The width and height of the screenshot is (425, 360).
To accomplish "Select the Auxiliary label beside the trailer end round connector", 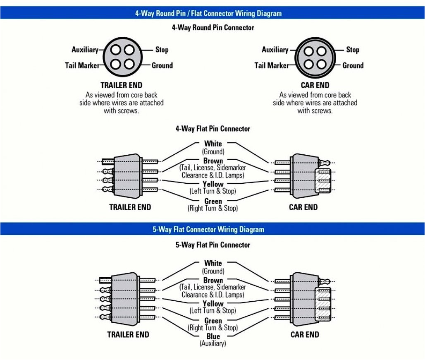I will point(85,50).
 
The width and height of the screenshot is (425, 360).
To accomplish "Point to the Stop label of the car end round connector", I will point(353,50).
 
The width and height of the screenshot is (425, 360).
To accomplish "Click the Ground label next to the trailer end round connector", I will point(162,65).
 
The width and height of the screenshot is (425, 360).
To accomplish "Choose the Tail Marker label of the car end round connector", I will point(272,65).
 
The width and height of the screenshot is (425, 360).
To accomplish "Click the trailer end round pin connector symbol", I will point(122,57).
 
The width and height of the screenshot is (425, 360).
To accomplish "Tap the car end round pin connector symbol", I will point(315,57).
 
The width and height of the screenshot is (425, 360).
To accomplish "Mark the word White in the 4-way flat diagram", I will point(213,144).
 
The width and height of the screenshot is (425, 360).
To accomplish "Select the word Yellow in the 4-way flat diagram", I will point(213,184).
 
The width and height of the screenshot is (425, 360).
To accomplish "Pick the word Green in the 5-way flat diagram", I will point(213,321).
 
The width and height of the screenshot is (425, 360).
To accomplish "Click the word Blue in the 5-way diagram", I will point(213,336).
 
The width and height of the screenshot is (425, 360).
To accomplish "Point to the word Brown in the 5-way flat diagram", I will point(213,280).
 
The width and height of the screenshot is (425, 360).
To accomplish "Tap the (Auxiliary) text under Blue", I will point(213,343).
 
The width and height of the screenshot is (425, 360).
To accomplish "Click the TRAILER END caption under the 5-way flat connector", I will point(128,334).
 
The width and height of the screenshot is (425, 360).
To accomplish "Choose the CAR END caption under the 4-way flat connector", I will point(303,207).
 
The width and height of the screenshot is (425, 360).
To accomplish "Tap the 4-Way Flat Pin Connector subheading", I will point(213,129).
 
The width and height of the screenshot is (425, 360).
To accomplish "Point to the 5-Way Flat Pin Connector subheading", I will point(213,245).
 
